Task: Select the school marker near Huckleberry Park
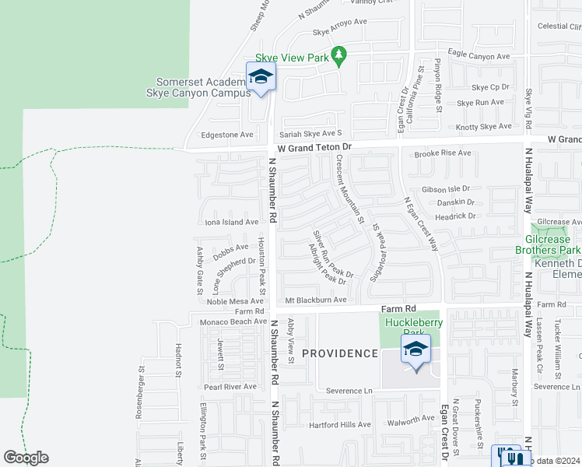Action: click(416, 349)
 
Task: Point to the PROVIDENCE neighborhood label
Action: click(339, 353)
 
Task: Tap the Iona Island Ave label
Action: click(231, 222)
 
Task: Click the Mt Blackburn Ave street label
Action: click(315, 300)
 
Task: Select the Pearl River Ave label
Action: click(230, 386)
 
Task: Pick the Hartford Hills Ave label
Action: click(339, 424)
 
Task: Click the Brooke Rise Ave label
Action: click(443, 153)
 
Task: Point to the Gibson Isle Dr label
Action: click(446, 189)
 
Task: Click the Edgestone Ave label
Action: click(227, 134)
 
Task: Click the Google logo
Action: click(26, 458)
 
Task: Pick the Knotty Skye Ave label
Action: click(484, 126)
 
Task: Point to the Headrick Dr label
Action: click(454, 216)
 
